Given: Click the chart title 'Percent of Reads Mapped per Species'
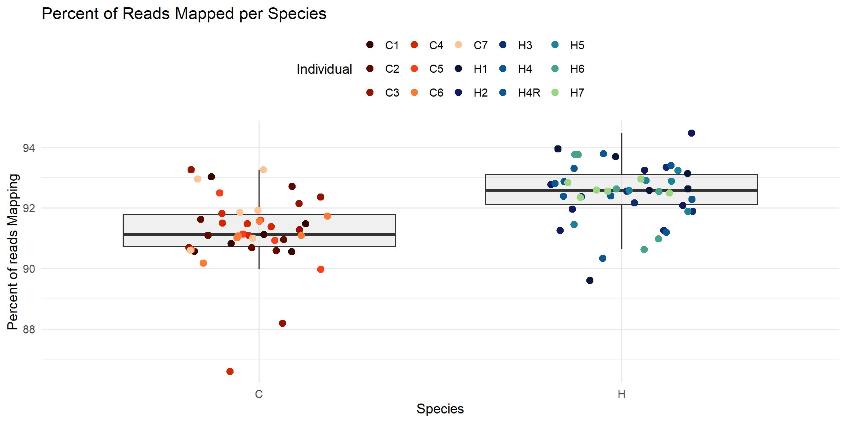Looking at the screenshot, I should point(184,14).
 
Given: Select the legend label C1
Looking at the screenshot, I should point(392,45).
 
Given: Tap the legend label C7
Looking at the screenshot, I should point(480,45).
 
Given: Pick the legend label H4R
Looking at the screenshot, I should point(529,93).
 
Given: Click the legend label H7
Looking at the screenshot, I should point(577,93).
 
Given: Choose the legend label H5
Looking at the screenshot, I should point(577,45).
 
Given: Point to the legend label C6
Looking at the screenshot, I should point(436,93).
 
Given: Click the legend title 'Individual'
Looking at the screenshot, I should point(324,69).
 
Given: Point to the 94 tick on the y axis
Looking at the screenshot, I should point(29,148).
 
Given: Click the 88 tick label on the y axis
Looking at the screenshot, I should point(29,329).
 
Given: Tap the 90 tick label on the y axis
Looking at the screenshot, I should point(29,269).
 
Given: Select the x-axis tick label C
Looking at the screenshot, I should point(259,394).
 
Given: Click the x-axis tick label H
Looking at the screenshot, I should point(621,394).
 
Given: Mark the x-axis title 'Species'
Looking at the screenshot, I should point(440,409).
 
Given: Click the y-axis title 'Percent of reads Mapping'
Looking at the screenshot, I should point(13,252).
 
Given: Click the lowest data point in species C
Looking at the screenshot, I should point(230,371).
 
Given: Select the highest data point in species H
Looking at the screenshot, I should point(691,133).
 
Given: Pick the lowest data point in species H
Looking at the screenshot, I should point(590,280).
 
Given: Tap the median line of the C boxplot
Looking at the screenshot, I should point(330,234).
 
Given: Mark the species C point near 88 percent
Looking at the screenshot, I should point(282,323).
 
